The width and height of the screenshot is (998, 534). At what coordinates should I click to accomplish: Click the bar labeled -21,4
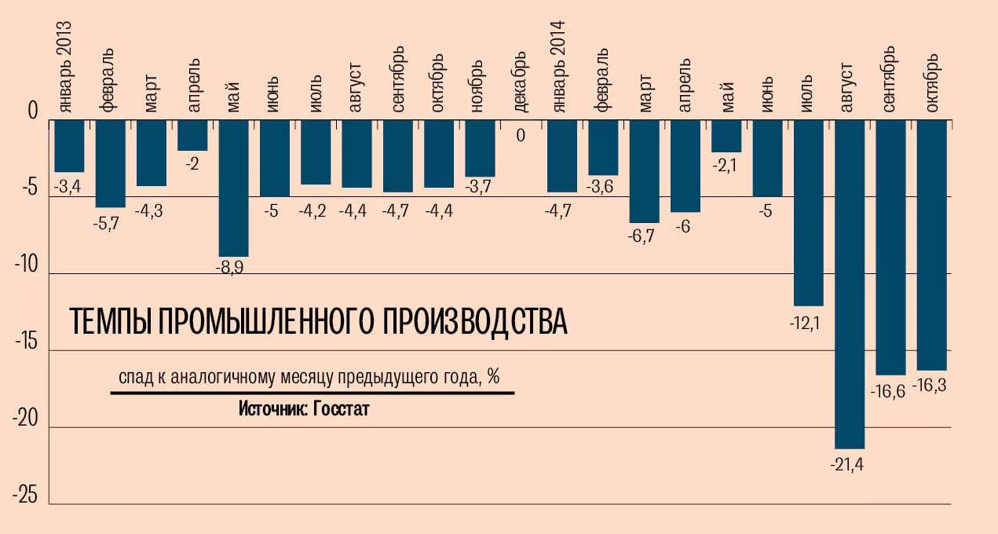850,283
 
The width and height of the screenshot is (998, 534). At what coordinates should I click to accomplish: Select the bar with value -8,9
233,188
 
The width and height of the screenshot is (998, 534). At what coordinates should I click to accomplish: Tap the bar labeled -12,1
809,212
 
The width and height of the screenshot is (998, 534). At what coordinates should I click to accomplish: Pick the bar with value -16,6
890,247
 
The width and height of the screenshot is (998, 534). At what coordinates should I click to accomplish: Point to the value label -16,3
930,386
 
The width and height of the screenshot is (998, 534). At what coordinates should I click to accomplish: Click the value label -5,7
111,222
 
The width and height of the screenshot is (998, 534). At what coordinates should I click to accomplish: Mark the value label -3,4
69,187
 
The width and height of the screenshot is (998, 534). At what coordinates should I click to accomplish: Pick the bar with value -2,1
726,136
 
